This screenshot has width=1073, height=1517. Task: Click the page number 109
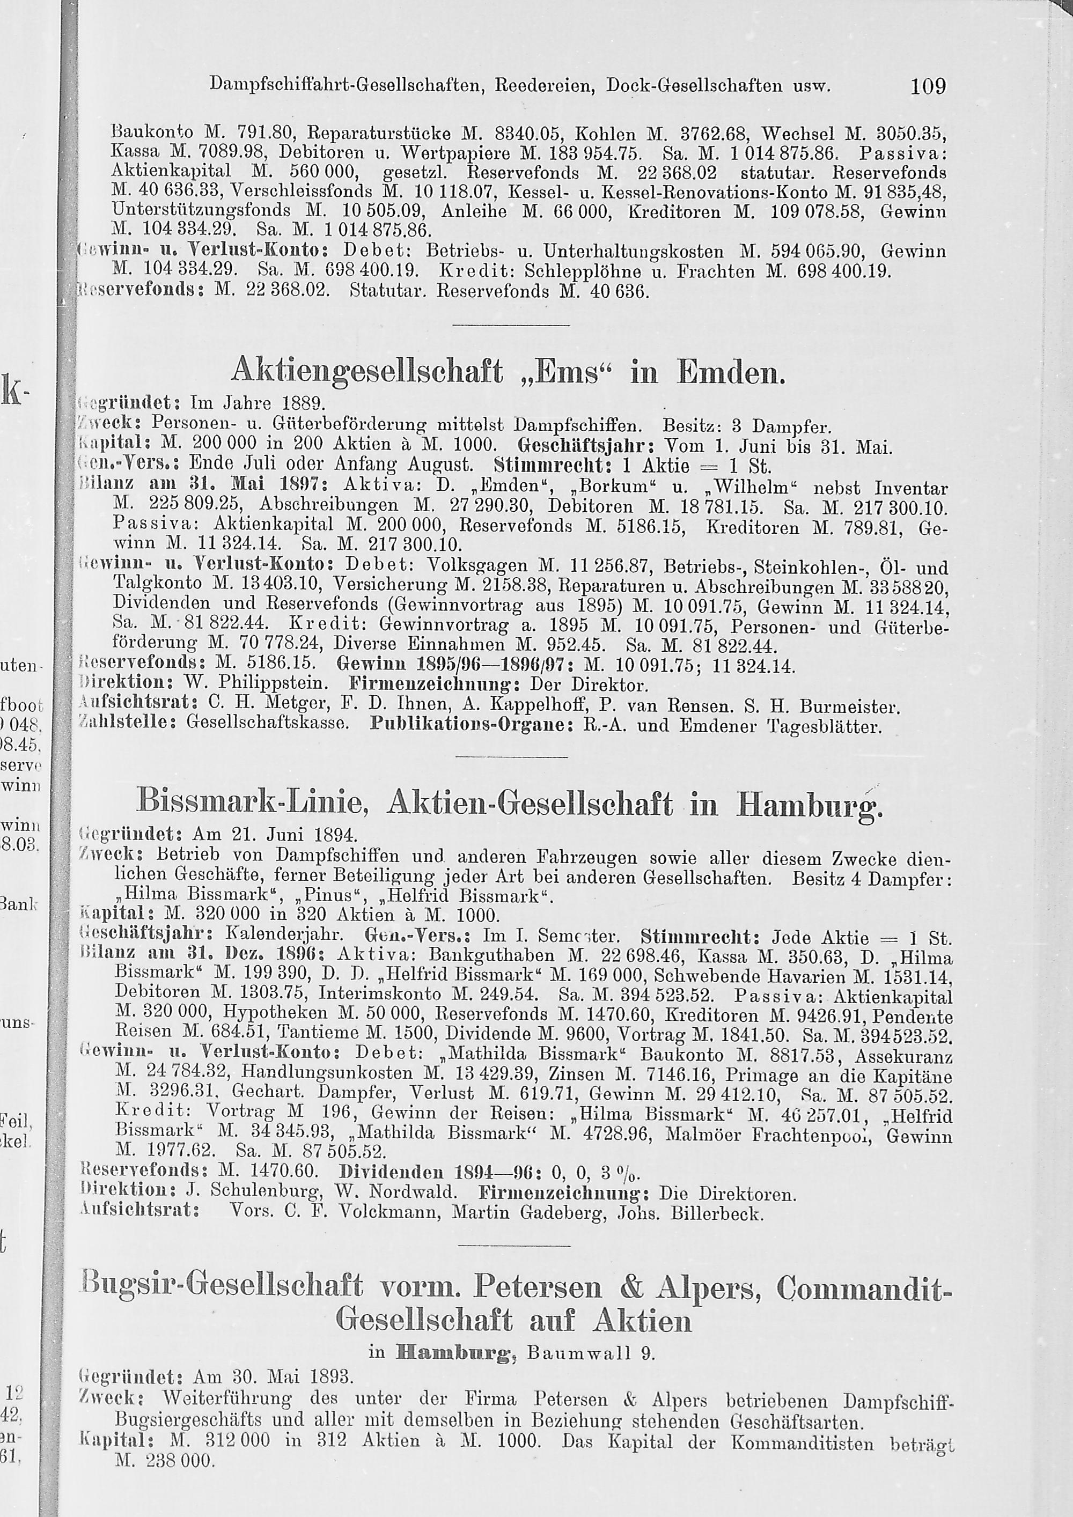click(928, 85)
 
